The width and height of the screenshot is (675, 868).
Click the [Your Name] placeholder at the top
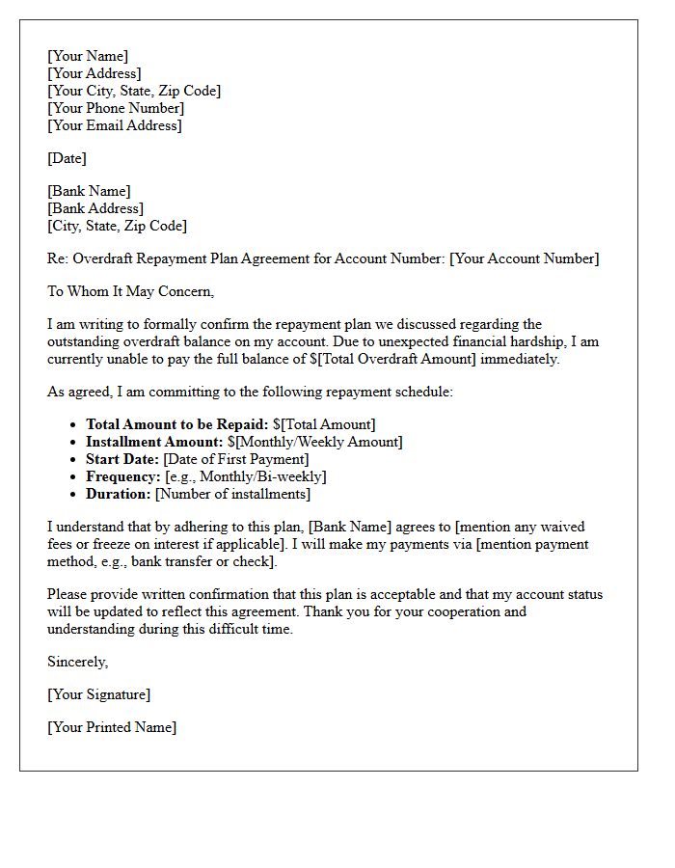(x=88, y=56)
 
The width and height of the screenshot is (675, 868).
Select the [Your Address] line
(x=94, y=73)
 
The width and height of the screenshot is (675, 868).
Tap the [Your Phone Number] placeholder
(x=116, y=108)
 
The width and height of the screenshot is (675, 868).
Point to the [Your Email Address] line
(x=115, y=125)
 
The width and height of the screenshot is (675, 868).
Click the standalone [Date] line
(x=67, y=158)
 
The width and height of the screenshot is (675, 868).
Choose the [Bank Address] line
(x=95, y=208)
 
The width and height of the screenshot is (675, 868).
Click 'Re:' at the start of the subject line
(x=58, y=258)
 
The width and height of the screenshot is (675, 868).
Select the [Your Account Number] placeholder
(x=524, y=258)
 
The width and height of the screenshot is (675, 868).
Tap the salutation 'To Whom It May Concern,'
(x=130, y=291)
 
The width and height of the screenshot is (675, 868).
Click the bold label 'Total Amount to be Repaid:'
(x=177, y=424)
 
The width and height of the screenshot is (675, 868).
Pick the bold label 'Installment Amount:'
(x=152, y=442)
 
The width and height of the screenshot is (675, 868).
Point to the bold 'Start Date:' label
(x=122, y=459)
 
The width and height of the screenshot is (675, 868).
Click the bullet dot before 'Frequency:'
(x=74, y=477)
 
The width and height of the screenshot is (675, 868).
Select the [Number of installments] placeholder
(x=232, y=494)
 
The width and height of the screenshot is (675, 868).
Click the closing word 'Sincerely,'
(x=78, y=662)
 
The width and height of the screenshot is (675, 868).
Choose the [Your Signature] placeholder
(x=99, y=694)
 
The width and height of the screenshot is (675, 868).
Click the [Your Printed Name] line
(x=112, y=727)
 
